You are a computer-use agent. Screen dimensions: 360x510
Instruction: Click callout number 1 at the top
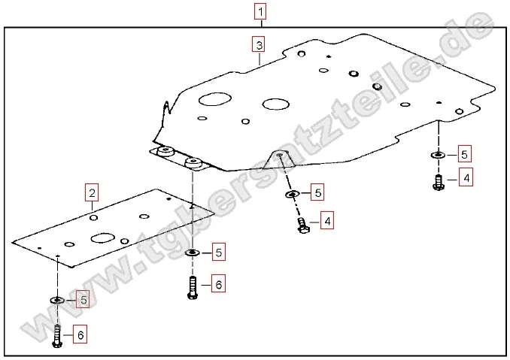click(260, 11)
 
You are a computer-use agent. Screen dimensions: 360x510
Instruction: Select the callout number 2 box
click(92, 194)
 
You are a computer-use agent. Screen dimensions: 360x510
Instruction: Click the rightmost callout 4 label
click(466, 178)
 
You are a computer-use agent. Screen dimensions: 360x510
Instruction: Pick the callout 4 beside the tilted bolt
click(326, 221)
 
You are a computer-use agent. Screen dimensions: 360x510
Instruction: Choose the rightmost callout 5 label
click(464, 155)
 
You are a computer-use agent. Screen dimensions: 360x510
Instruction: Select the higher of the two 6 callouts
click(217, 284)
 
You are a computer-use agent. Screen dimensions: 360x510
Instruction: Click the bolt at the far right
click(439, 181)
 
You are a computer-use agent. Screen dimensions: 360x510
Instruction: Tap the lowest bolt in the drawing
click(58, 334)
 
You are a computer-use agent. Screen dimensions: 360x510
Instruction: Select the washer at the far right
click(438, 155)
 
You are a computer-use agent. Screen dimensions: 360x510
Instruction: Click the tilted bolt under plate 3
click(302, 225)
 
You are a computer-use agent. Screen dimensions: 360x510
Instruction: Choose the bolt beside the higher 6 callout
click(193, 286)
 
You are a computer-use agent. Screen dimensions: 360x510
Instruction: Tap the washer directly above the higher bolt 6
click(193, 252)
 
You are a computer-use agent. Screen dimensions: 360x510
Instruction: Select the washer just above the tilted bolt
click(292, 195)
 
